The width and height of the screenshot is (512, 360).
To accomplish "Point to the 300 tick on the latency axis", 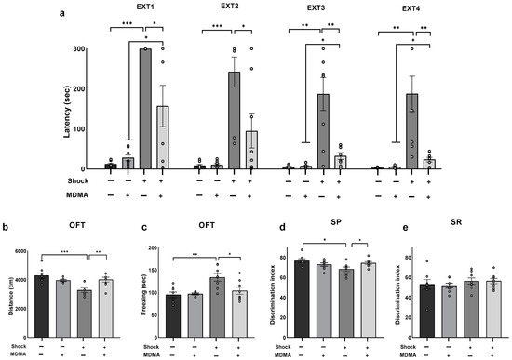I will point(88,48).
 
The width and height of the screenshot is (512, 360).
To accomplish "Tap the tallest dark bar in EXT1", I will point(144,109).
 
